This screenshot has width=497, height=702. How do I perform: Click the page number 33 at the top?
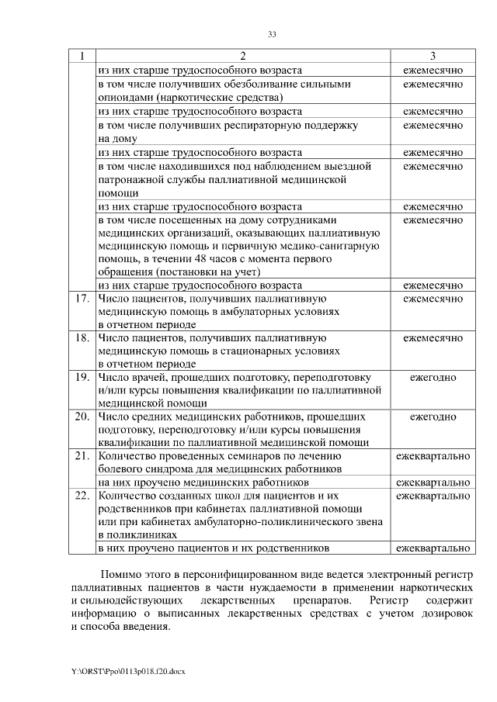coord(272,34)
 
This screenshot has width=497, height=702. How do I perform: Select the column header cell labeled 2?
coord(242,57)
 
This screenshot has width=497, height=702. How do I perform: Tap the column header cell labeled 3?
coord(433,57)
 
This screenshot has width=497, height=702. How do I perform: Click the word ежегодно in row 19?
coord(433,378)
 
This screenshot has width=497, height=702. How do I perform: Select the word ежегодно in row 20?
coord(433,417)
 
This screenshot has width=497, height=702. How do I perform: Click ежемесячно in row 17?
coord(433,298)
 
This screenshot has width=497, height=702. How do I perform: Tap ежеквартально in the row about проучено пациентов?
coord(433,548)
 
